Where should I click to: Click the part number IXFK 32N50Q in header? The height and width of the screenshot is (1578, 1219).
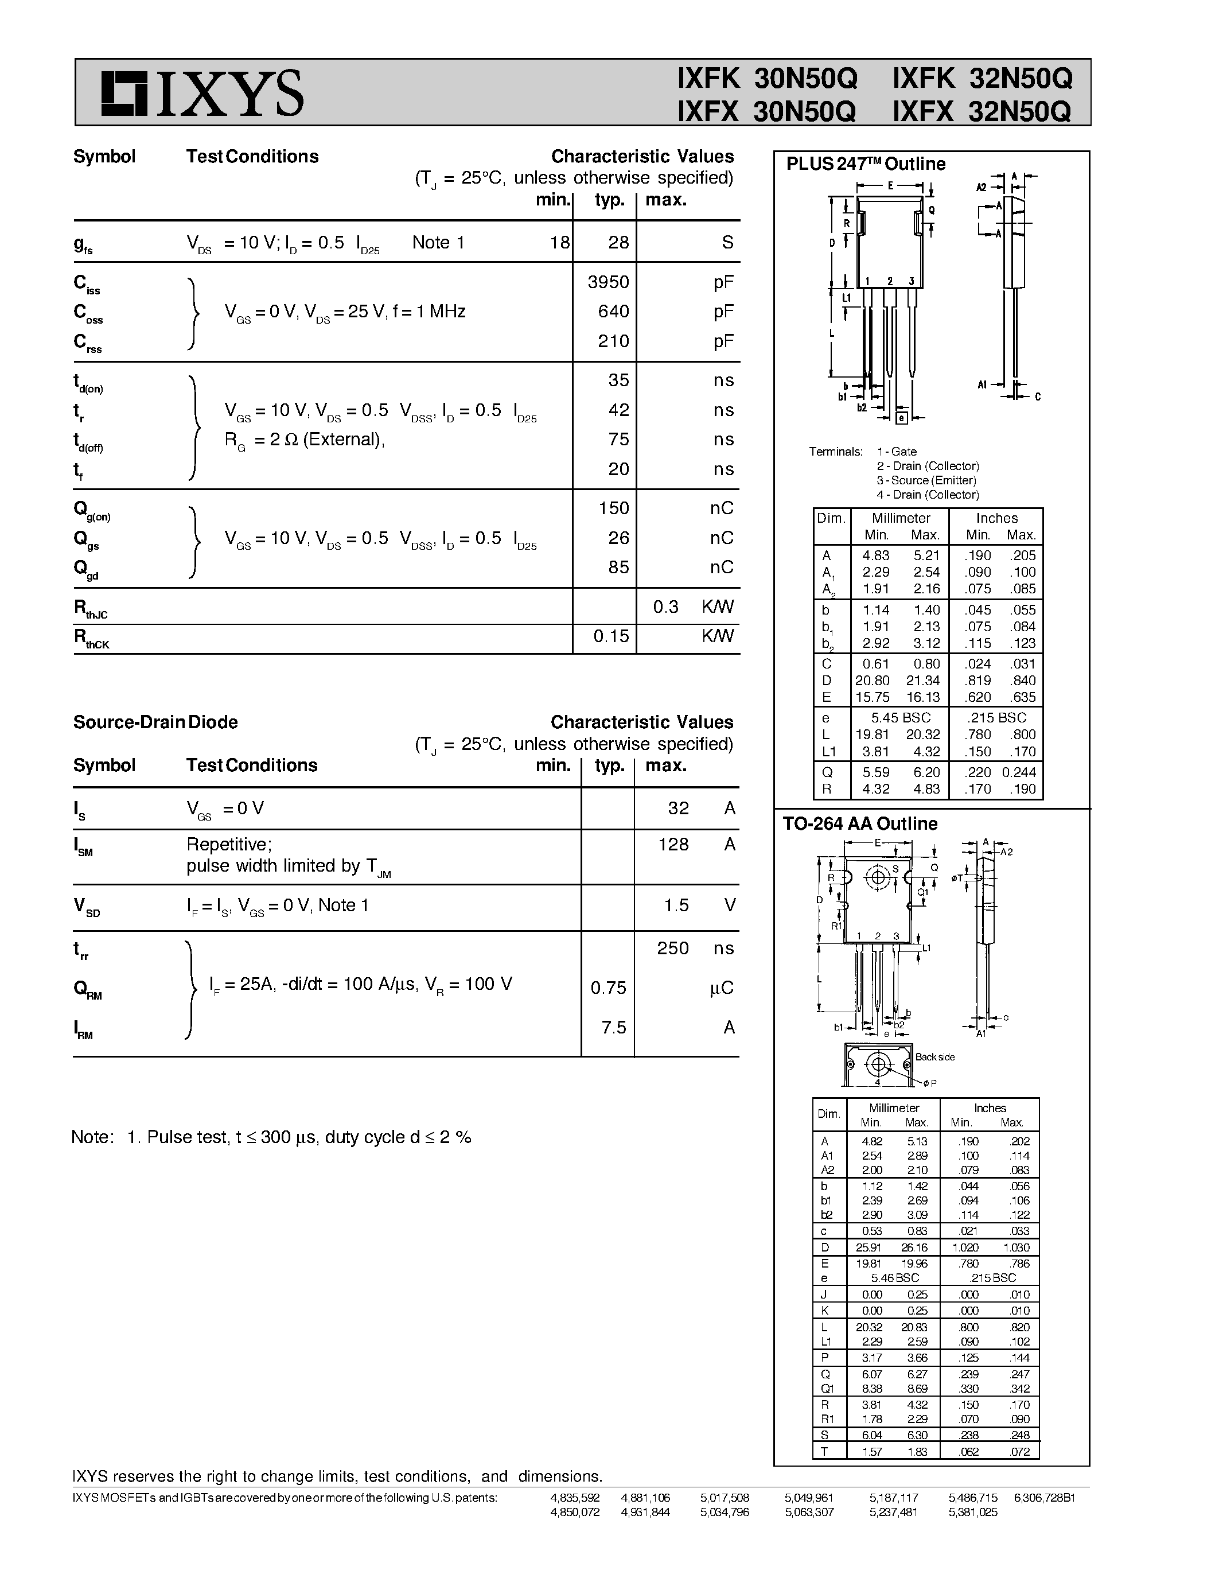point(982,78)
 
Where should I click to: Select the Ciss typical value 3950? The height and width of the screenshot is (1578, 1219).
point(608,282)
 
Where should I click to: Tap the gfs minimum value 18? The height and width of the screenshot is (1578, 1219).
point(560,243)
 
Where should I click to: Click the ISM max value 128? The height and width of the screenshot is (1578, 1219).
point(673,845)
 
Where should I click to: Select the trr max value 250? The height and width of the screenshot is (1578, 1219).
point(672,948)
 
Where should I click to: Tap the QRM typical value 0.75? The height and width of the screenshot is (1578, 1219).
point(608,988)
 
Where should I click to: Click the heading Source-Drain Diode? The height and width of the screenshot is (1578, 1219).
point(155,722)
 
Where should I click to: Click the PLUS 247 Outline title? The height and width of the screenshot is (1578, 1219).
point(865,164)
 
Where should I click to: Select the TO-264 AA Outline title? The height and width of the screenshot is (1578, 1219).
point(859,823)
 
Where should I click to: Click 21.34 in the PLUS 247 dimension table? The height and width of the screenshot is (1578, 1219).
point(923,681)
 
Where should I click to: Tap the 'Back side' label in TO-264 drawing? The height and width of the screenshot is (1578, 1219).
point(934,1057)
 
